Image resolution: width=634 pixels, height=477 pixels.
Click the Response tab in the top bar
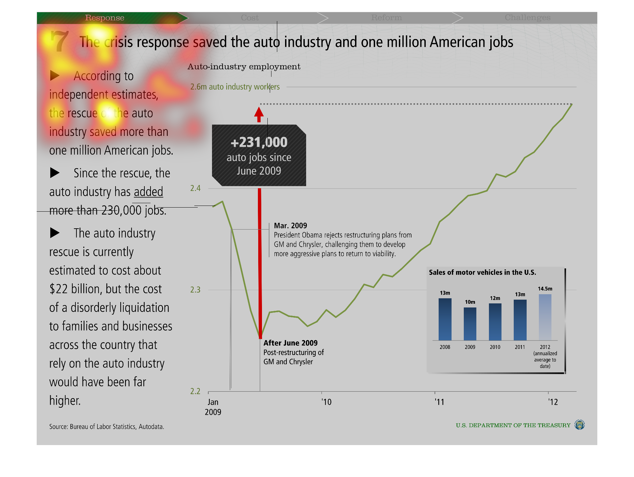(105, 18)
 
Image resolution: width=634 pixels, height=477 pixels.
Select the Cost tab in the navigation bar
(250, 18)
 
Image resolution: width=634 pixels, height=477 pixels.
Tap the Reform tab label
(386, 18)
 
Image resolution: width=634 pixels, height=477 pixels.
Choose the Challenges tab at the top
(527, 18)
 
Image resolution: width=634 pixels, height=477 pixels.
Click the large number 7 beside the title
(59, 41)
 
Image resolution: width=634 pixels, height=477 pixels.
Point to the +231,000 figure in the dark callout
(259, 142)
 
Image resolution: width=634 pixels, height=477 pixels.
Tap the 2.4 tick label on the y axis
(195, 188)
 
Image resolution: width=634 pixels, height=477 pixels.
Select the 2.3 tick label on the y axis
(195, 290)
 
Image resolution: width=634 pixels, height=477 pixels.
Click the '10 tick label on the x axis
(327, 402)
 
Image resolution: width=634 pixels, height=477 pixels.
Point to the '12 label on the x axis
(553, 402)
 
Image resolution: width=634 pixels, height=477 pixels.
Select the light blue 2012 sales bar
(545, 317)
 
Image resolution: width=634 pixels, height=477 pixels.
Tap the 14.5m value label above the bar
(545, 289)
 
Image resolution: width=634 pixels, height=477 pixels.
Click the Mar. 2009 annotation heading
(290, 226)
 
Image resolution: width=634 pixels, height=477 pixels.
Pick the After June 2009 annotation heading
(290, 343)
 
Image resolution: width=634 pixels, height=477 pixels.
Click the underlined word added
(148, 192)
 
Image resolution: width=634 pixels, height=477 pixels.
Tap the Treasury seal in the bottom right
(579, 425)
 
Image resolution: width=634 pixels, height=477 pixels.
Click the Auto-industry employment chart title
(244, 67)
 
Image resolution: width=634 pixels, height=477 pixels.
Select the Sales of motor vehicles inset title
(482, 272)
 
